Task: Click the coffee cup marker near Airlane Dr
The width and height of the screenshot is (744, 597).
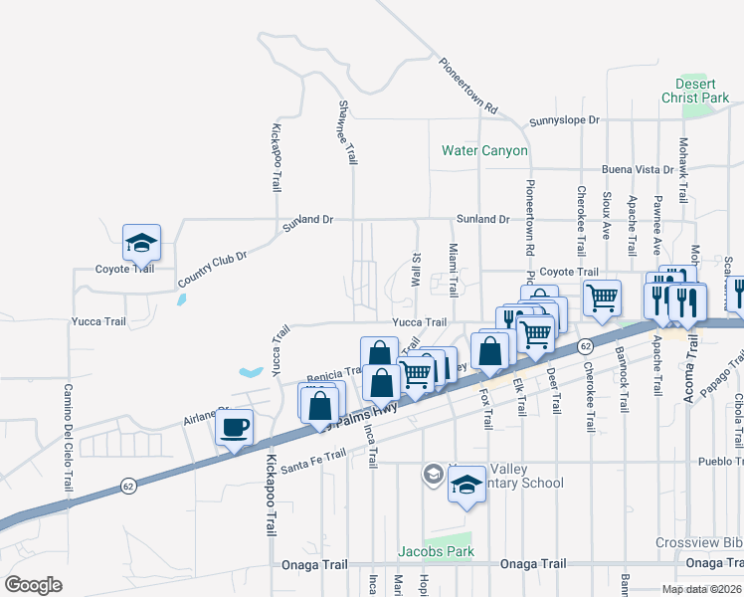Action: click(x=234, y=429)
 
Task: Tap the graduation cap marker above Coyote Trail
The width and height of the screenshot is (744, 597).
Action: click(x=141, y=242)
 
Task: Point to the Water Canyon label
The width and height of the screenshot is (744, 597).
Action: click(x=484, y=151)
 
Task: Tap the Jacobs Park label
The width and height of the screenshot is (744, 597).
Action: click(x=436, y=550)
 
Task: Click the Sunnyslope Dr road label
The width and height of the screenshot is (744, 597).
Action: click(x=565, y=120)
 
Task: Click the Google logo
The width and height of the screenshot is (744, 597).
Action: click(x=34, y=585)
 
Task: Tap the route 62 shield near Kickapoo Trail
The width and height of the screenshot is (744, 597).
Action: click(x=128, y=486)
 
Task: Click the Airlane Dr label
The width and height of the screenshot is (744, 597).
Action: click(x=205, y=415)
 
